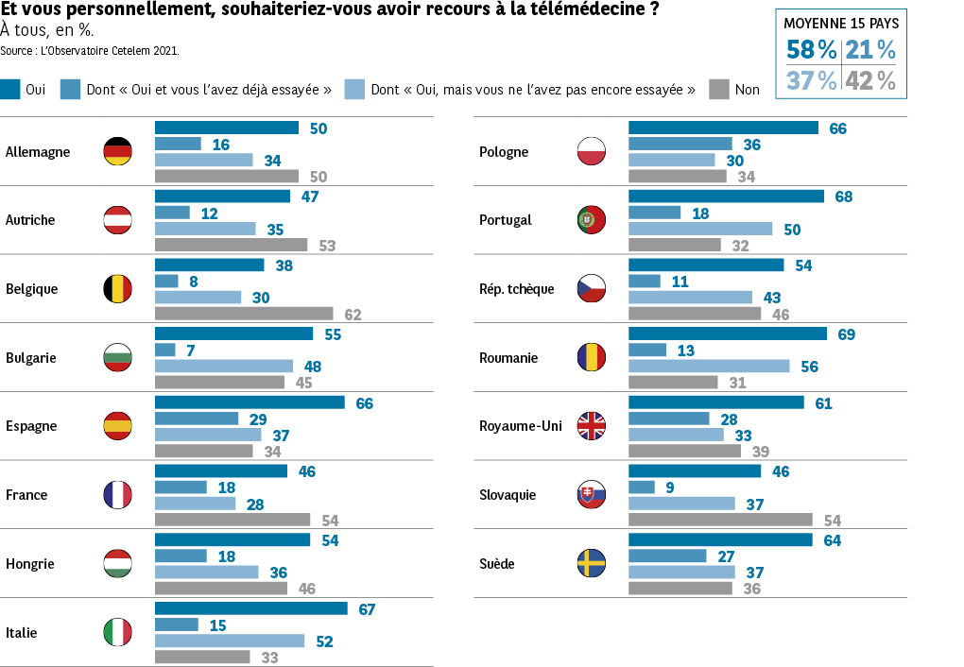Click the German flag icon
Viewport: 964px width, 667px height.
point(117,151)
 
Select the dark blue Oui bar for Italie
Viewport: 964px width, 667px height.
point(250,608)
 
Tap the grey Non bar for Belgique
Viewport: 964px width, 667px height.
point(244,314)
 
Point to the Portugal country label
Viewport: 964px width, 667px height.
point(506,220)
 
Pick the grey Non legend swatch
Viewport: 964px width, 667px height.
point(718,90)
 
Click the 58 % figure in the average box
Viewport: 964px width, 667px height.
point(810,50)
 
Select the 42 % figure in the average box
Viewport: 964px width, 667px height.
point(869,81)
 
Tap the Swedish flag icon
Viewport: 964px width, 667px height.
point(592,564)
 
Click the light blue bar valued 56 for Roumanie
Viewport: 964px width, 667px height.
point(709,366)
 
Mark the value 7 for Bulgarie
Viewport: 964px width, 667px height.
point(190,351)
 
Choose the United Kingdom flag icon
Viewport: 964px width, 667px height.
point(592,426)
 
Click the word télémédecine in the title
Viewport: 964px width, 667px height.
point(594,9)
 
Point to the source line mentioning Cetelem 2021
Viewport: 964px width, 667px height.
point(90,49)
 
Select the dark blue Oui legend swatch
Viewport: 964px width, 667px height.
point(10,90)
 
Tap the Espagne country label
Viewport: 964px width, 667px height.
point(31,426)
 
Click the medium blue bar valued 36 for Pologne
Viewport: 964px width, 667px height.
point(680,144)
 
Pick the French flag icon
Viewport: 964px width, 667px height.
point(117,495)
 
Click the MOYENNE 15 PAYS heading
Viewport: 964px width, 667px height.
point(841,24)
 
